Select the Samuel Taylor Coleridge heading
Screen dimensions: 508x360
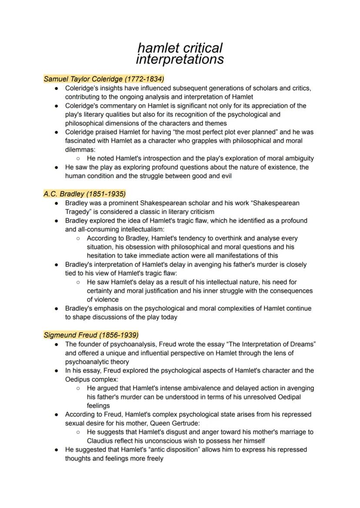[x=104, y=79]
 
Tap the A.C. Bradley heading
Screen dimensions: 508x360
[x=84, y=194]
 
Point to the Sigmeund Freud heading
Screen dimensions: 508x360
[x=91, y=335]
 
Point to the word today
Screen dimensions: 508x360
[x=169, y=317]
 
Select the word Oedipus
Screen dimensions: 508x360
[x=77, y=379]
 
